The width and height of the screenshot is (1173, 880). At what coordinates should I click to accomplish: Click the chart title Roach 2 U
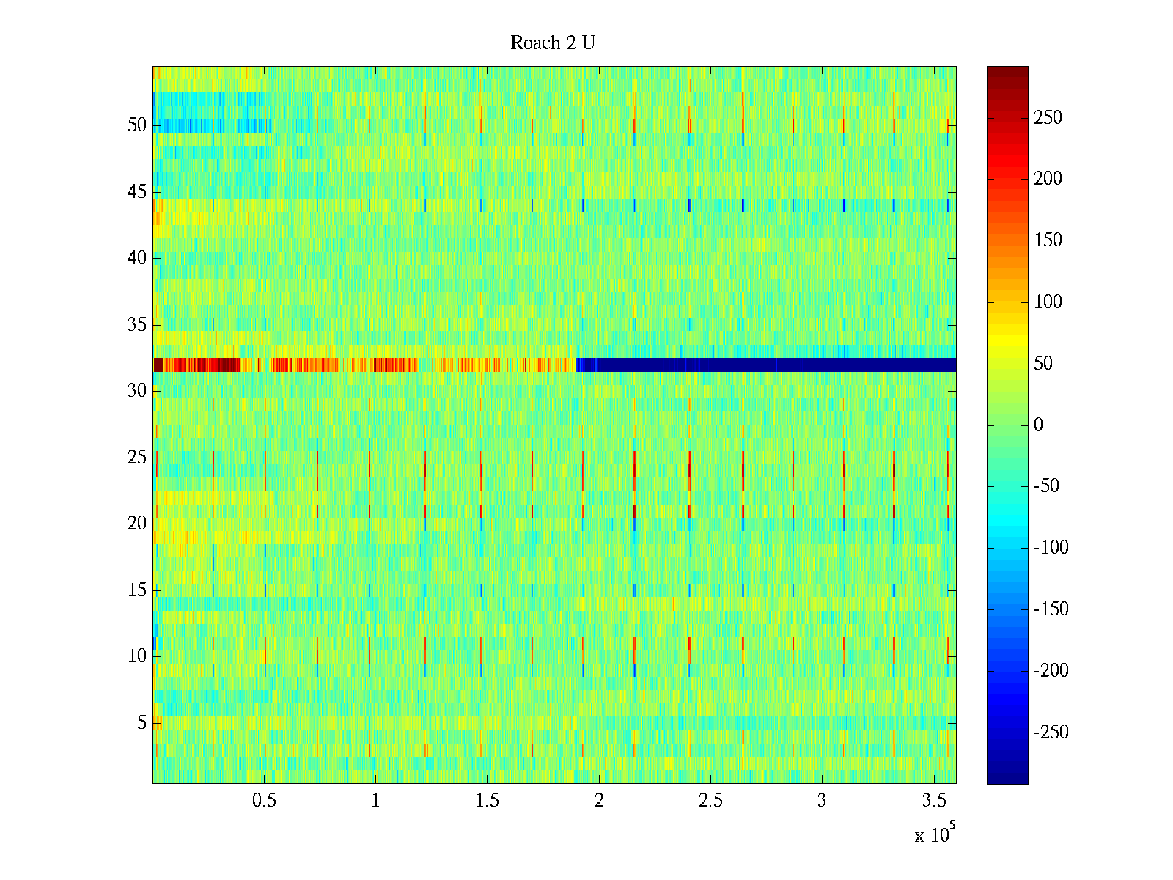pos(553,43)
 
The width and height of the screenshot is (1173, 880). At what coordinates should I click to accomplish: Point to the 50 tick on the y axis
pos(137,125)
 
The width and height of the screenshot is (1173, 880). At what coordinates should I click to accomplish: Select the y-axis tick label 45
pos(137,192)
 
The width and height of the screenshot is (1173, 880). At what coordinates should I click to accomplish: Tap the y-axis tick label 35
pos(137,325)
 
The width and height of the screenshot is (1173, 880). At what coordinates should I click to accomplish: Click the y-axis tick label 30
pos(137,391)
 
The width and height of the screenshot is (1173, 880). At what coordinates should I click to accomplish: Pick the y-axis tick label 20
pos(137,524)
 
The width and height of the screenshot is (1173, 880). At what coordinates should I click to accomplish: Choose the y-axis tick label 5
pos(141,723)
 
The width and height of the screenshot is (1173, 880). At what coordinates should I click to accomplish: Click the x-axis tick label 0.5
pos(264,801)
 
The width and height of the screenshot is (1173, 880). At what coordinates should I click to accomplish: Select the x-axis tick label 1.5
pos(487,801)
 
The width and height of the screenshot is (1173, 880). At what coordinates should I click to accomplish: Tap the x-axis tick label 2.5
pos(710,801)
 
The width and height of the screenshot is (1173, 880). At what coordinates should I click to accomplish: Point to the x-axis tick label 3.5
pos(933,801)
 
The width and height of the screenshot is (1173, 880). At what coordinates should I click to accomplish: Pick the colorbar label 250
pos(1048,118)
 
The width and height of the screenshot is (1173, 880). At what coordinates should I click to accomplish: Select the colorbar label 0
pos(1038,425)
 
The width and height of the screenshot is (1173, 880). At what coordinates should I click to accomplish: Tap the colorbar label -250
pos(1051,733)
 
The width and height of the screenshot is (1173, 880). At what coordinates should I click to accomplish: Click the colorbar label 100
pos(1048,302)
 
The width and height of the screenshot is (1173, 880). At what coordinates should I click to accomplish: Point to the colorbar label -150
pos(1051,609)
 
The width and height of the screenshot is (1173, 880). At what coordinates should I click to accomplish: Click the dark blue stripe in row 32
pos(770,364)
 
